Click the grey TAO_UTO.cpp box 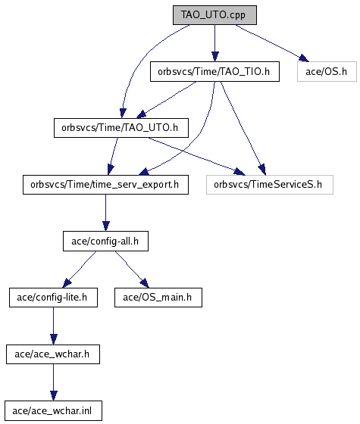tap(214, 15)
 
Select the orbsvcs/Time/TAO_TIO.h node tap(214, 72)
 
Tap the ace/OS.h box tap(327, 72)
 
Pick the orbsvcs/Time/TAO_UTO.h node tap(121, 128)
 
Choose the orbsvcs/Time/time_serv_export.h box tap(105, 185)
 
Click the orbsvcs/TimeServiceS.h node tap(270, 185)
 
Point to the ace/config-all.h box tap(105, 242)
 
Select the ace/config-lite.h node tap(53, 298)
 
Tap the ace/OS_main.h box tap(158, 298)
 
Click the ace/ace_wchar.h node tap(53, 354)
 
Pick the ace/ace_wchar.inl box tap(53, 410)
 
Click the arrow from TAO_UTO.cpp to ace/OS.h tap(272, 43)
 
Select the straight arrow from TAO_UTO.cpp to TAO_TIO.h tap(215, 43)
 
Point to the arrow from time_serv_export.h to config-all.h tap(106, 213)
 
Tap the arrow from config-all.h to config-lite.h tap(80, 270)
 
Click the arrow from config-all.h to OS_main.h tap(132, 270)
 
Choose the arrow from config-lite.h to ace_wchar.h tap(53, 326)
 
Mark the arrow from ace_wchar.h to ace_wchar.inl tap(53, 382)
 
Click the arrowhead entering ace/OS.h tap(304, 58)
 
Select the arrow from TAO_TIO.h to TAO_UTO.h tap(167, 100)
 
